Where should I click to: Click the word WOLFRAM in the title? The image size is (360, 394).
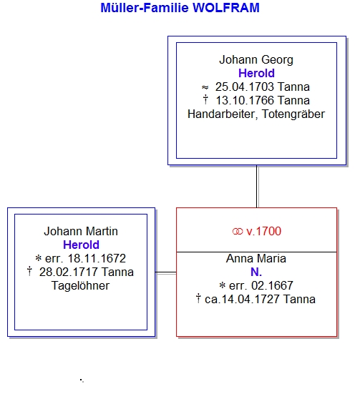pos(226,8)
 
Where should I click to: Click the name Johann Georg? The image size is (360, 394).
pos(256,60)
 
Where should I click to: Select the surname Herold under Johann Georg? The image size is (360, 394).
pos(256,74)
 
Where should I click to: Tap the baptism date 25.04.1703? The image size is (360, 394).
pos(244,87)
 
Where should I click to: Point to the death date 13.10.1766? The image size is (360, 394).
pos(245,101)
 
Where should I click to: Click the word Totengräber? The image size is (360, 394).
pos(293,114)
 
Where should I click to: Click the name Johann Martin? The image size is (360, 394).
pos(81,231)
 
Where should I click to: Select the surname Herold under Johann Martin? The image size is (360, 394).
pos(81,245)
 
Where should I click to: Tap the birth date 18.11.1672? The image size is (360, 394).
pos(97,259)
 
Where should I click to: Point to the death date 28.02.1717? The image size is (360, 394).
pos(68,272)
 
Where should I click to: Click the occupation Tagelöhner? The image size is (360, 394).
pos(80,286)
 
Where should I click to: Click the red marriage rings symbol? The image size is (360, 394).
pos(238,232)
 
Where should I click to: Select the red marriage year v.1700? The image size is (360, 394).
pos(263,231)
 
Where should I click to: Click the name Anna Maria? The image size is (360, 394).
pos(256,259)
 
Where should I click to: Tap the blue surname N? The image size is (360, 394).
pos(256,272)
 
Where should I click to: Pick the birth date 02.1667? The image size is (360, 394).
pos(272,286)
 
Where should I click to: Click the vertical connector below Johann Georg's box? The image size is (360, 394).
pos(257,187)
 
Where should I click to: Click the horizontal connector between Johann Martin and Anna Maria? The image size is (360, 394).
pos(166,272)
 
